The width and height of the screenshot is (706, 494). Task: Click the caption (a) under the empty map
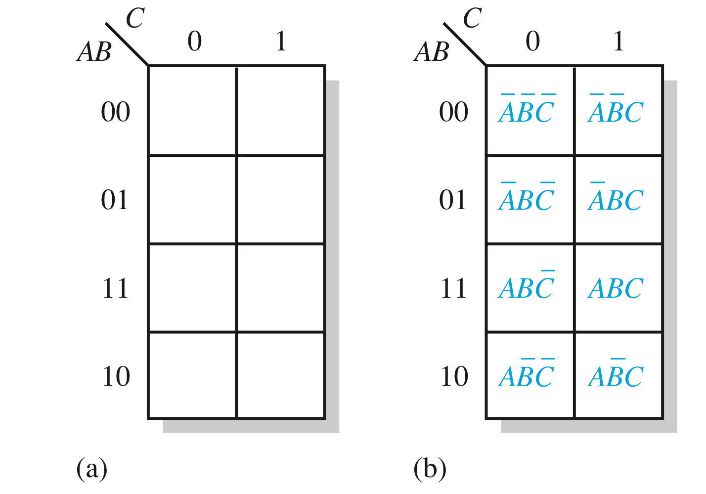pos(92,468)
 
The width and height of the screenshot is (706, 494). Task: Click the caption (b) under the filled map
pos(430,468)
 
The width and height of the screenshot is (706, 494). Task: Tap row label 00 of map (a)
pos(115,112)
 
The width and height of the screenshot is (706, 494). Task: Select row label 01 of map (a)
pos(115,200)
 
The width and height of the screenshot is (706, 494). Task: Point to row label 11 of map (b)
pos(453,288)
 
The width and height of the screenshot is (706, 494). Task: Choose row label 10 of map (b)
pos(454,376)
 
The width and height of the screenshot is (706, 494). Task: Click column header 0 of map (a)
pos(195,42)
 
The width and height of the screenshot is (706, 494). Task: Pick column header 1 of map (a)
pos(281,42)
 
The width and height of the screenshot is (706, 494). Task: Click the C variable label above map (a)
pos(135,19)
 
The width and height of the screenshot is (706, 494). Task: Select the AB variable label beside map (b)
pos(432,51)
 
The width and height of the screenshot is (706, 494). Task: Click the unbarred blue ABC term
pos(616,288)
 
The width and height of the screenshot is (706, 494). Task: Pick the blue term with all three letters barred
pos(527,110)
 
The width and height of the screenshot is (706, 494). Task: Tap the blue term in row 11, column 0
pos(527,286)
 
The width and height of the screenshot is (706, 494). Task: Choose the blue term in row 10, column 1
pos(616,374)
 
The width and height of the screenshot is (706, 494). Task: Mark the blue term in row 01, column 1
pos(616,198)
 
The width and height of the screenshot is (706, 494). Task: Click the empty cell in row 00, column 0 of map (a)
pos(192,111)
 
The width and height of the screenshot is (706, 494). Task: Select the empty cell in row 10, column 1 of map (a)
pos(280,375)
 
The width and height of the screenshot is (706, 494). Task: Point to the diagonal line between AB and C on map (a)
pos(127,44)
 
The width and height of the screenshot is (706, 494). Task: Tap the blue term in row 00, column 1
pos(616,110)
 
